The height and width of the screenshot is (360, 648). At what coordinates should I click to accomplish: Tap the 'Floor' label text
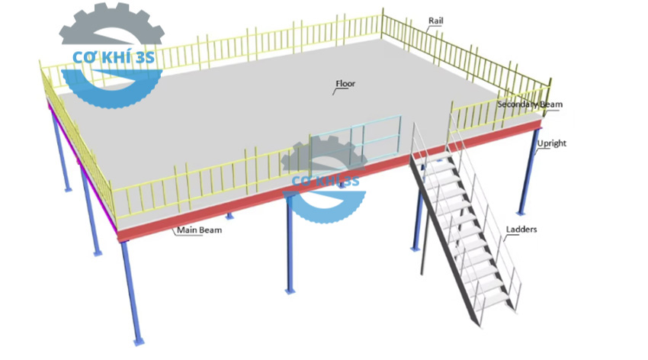click(345, 83)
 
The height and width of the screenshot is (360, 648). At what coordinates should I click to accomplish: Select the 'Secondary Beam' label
click(530, 104)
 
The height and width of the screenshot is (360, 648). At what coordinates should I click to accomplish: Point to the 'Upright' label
click(551, 143)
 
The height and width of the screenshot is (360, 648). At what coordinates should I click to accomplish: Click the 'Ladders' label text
click(521, 229)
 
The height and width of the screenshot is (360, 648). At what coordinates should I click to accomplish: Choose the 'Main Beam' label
click(199, 230)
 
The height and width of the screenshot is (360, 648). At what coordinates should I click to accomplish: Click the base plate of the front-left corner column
click(137, 341)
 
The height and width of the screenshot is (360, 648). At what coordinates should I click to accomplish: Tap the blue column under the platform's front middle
click(290, 244)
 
